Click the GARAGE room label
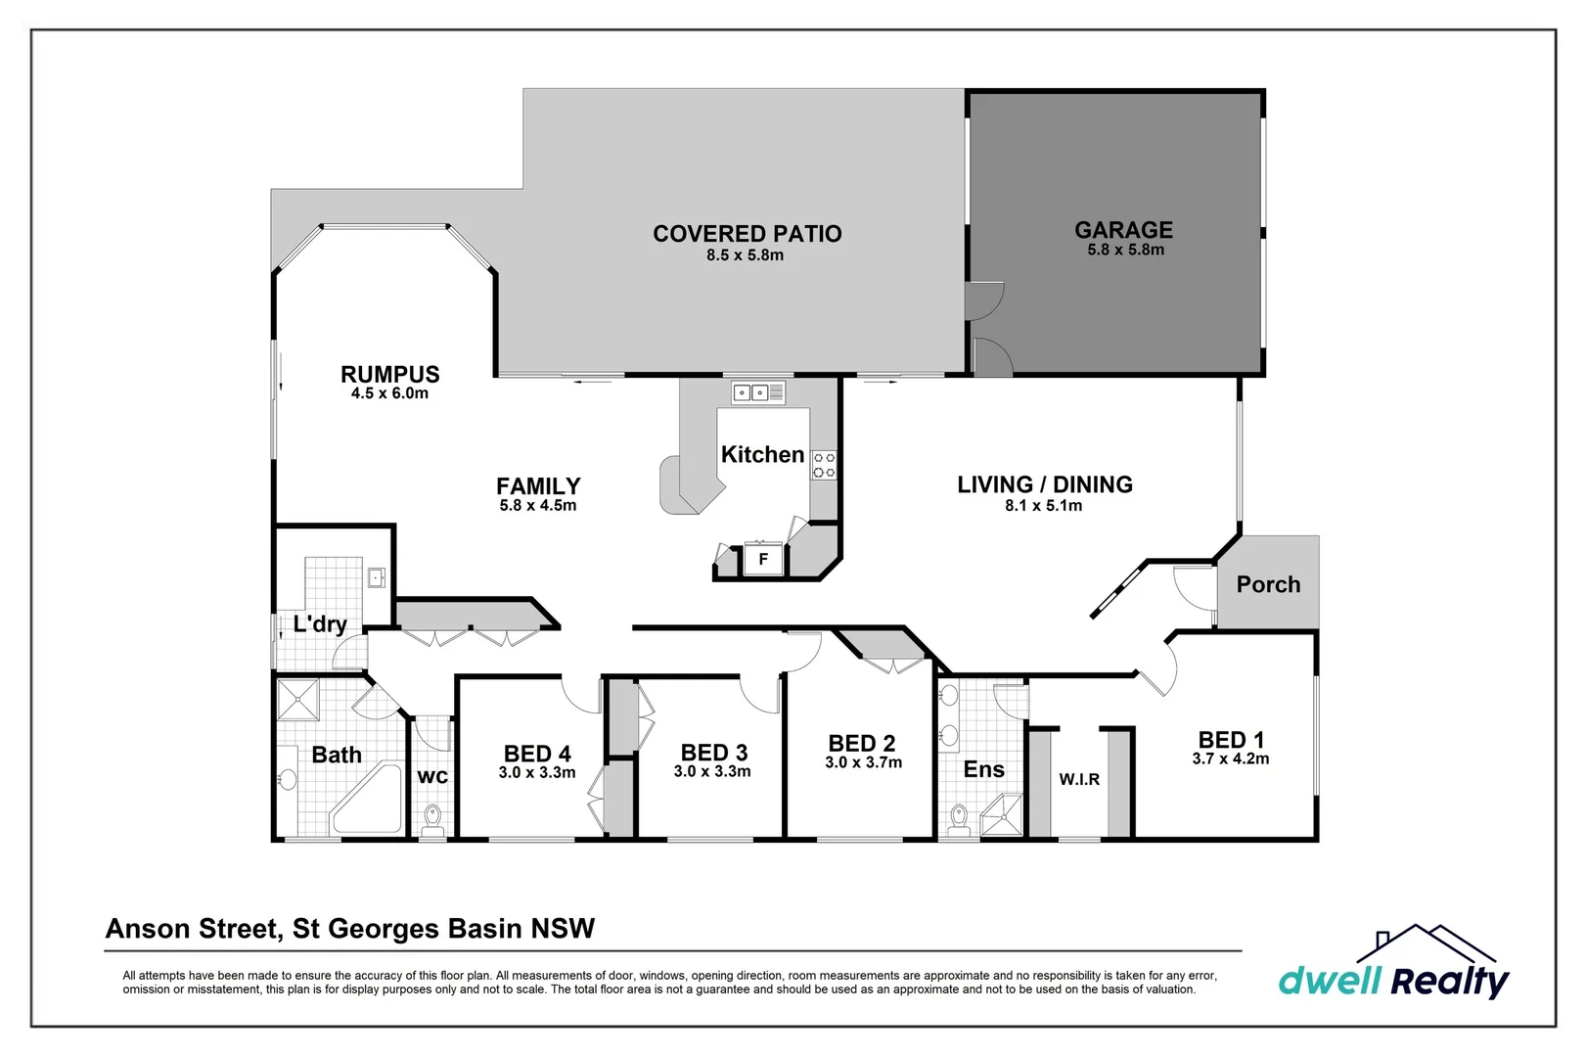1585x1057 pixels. tap(1123, 230)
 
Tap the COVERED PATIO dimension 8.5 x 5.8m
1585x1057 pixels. tap(745, 255)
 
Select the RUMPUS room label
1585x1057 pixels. tap(389, 374)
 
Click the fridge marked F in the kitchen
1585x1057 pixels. tap(763, 560)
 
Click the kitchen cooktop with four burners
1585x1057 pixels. tap(824, 465)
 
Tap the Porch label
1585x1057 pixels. tap(1268, 584)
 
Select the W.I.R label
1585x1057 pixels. tap(1079, 780)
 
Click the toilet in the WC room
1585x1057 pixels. tap(432, 818)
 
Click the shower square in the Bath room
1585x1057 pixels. tap(297, 699)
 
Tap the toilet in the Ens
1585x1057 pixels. tap(959, 817)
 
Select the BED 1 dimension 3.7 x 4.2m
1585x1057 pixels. tap(1230, 759)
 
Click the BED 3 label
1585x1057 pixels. tap(713, 753)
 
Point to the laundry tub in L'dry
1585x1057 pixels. tap(377, 577)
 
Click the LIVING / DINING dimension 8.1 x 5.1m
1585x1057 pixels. tap(1043, 506)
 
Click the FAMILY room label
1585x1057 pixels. tap(538, 485)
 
